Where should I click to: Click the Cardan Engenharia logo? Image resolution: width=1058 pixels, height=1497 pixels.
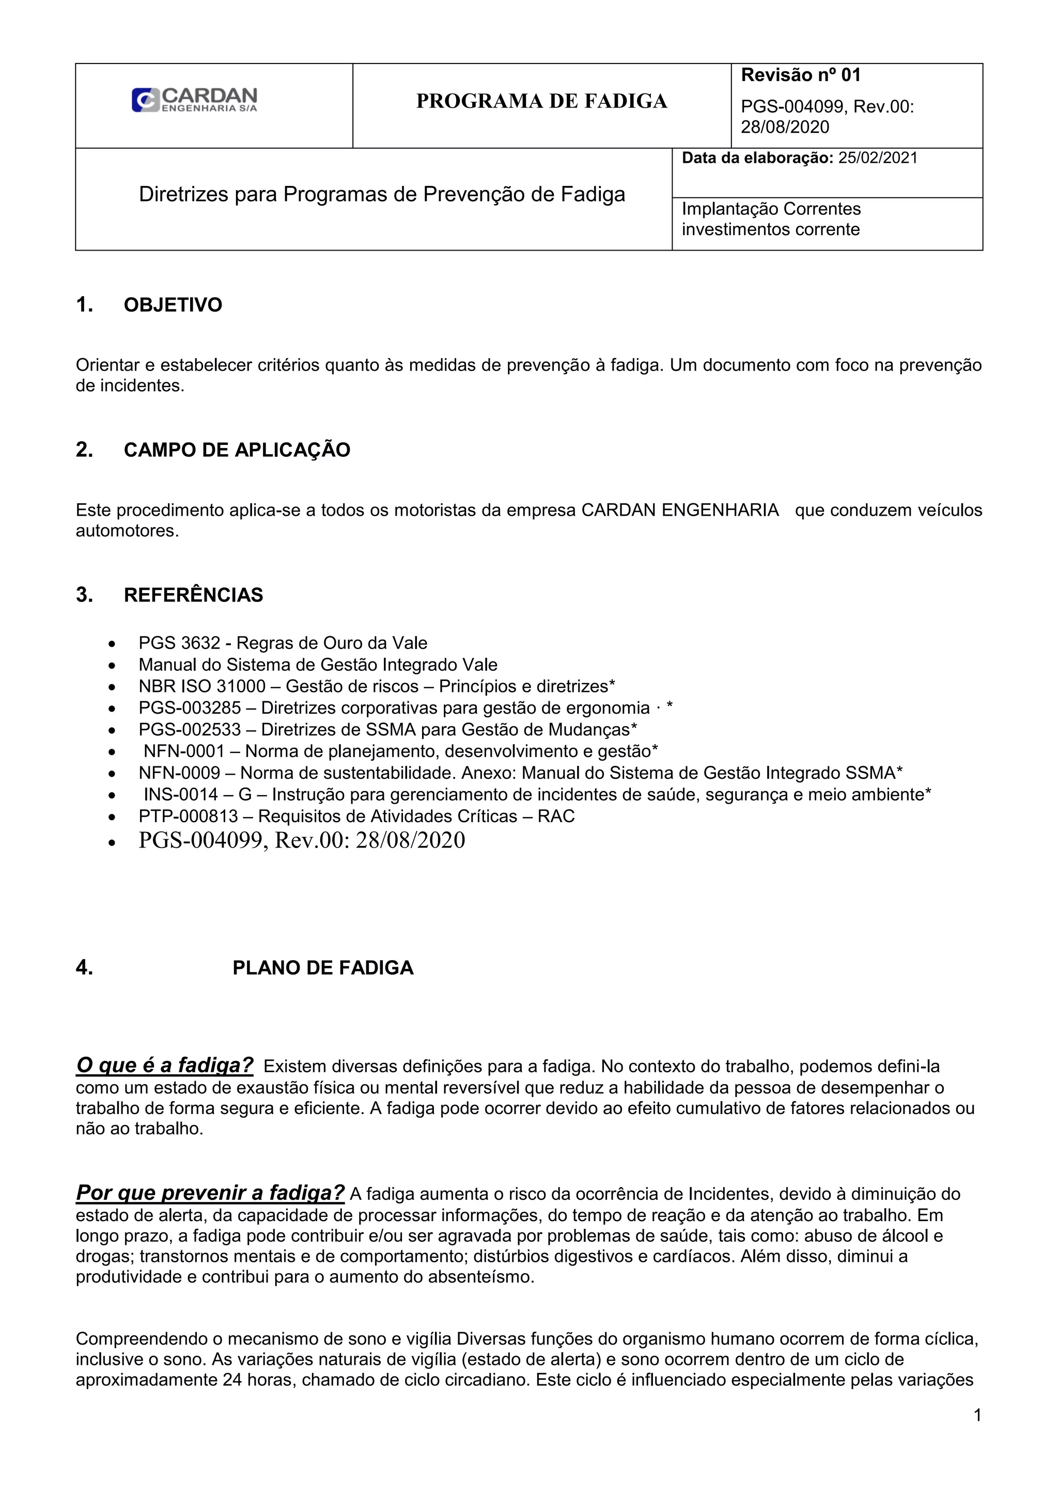194,100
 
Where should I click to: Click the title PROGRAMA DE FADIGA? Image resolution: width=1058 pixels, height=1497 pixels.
541,101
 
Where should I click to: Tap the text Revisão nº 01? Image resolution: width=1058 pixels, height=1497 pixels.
801,75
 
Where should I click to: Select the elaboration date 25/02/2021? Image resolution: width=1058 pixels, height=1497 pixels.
877,158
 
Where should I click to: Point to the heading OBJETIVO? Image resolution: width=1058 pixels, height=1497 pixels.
173,305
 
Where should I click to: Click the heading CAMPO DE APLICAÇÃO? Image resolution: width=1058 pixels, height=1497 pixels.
237,450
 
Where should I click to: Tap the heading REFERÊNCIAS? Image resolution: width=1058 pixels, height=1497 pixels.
193,595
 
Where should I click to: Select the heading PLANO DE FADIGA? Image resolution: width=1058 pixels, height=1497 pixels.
323,967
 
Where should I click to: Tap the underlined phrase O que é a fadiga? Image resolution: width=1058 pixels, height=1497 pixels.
164,1066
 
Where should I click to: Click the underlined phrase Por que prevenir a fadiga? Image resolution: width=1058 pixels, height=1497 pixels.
210,1193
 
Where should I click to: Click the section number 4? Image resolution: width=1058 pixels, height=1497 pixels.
84,967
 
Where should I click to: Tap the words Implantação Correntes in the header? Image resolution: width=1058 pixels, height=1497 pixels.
771,209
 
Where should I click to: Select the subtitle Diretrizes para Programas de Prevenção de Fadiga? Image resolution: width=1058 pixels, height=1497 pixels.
381,194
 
